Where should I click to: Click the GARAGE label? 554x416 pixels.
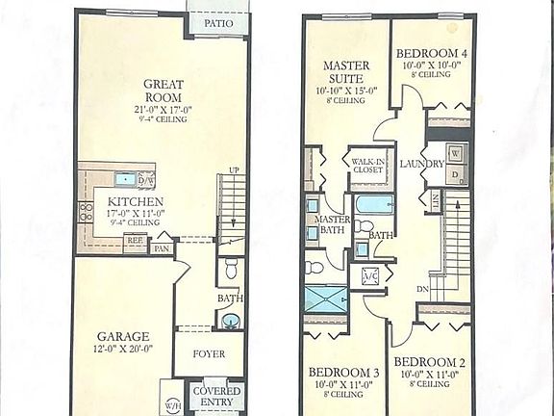tap(122, 336)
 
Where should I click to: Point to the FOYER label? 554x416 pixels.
tap(209, 353)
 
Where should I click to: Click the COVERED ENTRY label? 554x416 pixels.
tap(216, 397)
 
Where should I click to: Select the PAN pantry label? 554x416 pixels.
tap(162, 247)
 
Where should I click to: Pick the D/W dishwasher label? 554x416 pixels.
tap(146, 179)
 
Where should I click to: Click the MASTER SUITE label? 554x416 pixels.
tap(345, 72)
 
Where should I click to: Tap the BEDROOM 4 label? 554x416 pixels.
tap(431, 54)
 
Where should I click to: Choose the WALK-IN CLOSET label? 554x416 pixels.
tap(367, 165)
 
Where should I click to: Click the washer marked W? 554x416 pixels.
tap(455, 154)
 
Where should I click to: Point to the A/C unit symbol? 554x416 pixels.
tap(370, 277)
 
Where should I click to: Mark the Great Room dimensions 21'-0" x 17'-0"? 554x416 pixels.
tap(163, 109)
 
